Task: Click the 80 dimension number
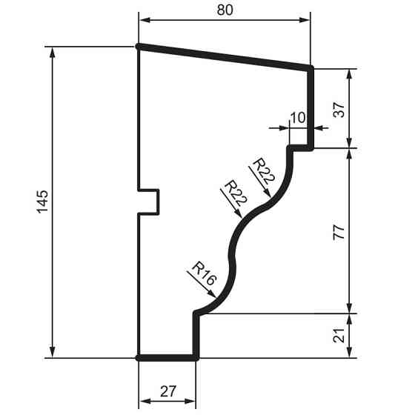[225, 11]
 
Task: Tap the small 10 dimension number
[298, 117]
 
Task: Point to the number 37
[361, 110]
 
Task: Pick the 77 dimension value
[361, 230]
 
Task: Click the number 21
[361, 335]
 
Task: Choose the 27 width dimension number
[168, 391]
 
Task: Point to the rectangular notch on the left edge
[150, 202]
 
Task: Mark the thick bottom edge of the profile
[168, 357]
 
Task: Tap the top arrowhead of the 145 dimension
[52, 51]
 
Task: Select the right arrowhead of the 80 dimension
[305, 20]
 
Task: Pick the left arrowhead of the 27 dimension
[144, 401]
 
